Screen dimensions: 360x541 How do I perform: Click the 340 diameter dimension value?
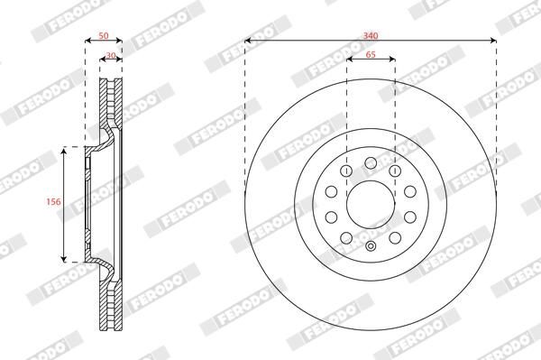(371, 33)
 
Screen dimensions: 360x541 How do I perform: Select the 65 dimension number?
(371, 54)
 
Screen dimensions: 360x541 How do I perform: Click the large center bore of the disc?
(371, 204)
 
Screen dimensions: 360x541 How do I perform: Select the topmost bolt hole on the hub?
(371, 163)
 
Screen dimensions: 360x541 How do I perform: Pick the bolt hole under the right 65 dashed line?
(395, 171)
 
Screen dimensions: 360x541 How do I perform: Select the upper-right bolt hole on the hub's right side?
(409, 191)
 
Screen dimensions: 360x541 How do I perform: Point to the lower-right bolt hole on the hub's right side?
(409, 217)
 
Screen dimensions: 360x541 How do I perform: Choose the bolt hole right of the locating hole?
(395, 237)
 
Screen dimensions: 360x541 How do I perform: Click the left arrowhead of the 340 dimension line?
(247, 41)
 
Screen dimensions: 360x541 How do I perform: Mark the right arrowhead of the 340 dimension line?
(494, 41)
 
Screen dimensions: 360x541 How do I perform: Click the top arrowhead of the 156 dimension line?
(63, 150)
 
